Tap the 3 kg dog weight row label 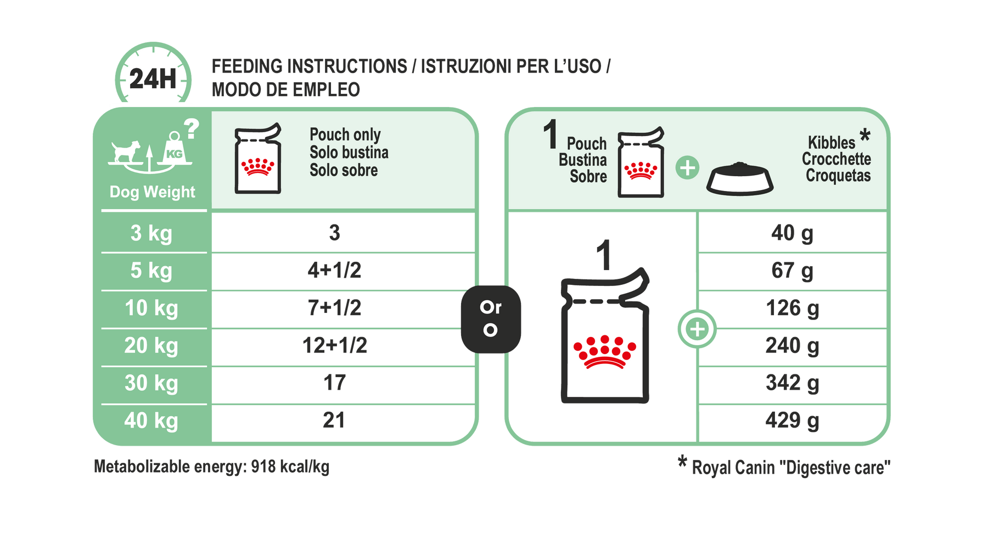(151, 233)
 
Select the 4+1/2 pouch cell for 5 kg (334, 270)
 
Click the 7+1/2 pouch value (334, 308)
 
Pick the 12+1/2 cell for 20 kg (334, 345)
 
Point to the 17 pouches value (334, 383)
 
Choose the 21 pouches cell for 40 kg (334, 420)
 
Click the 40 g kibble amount (792, 233)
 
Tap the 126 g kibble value (792, 308)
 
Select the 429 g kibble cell (792, 421)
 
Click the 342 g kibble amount (792, 383)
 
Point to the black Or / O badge (491, 319)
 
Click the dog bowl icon (740, 179)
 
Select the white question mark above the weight (191, 129)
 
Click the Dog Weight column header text (153, 192)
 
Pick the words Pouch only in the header (345, 134)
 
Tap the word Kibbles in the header (832, 143)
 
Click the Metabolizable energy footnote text (212, 467)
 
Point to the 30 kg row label (151, 383)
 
